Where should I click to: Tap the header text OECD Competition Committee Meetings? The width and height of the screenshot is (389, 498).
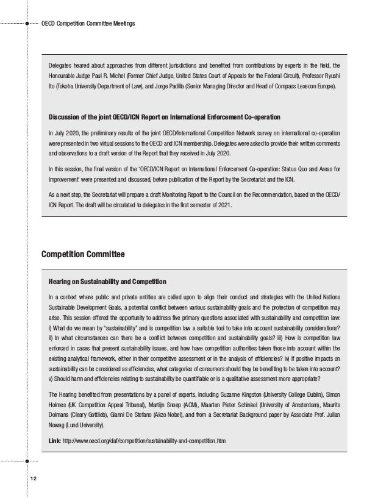[x=87, y=24]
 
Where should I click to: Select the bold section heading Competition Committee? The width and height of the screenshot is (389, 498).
[x=83, y=254]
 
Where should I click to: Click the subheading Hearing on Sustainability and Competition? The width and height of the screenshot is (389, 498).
[x=107, y=282]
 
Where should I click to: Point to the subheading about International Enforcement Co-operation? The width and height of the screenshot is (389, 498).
[x=164, y=116]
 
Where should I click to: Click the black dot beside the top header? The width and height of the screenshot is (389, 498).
[x=27, y=24]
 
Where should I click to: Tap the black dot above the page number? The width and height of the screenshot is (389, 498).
[x=27, y=461]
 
